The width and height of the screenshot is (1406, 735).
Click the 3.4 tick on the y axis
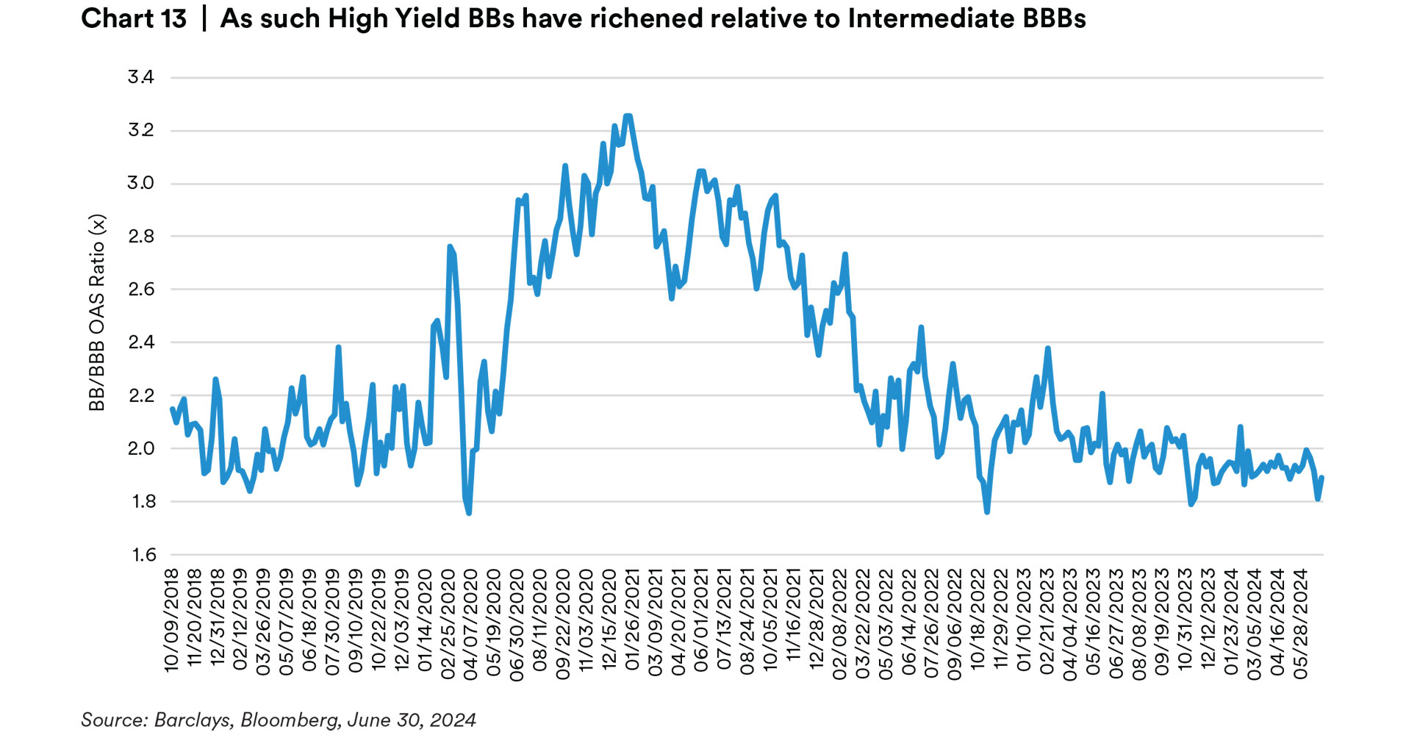coord(140,77)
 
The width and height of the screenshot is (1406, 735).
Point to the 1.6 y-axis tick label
coord(144,555)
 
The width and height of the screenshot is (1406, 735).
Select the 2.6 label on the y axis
coord(140,290)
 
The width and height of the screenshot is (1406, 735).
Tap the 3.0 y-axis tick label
coord(140,183)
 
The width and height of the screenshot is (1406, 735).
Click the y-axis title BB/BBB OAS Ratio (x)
coord(97,312)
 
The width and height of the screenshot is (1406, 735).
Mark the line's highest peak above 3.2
coord(628,115)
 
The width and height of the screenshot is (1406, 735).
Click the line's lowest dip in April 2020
coord(469,513)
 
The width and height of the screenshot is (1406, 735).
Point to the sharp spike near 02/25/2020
coord(450,247)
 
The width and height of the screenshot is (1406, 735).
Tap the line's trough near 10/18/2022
coord(986,512)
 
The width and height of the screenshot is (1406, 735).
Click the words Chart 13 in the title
coord(134,18)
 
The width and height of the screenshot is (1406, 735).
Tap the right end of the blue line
coord(1322,478)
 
